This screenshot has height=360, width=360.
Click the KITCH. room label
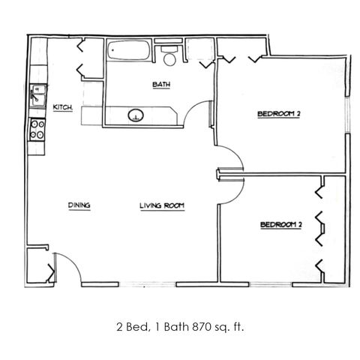(x=63, y=107)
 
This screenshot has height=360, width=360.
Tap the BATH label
(x=161, y=85)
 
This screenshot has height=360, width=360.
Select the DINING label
(x=79, y=205)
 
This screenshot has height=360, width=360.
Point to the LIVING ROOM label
(x=162, y=205)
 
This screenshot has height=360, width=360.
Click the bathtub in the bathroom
(x=129, y=50)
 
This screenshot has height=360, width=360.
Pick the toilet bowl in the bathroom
(x=169, y=59)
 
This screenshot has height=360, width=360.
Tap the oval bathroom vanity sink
(x=136, y=115)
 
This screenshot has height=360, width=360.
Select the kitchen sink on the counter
(x=37, y=95)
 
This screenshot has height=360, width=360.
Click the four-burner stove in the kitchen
(x=37, y=130)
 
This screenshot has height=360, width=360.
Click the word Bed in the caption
(x=136, y=327)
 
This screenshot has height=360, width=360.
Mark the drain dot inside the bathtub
(x=112, y=50)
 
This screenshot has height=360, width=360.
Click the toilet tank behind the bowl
(x=169, y=49)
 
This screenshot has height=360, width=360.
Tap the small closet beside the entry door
(x=38, y=265)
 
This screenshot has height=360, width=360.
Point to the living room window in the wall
(x=147, y=284)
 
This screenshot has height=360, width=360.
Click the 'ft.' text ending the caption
(x=238, y=326)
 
